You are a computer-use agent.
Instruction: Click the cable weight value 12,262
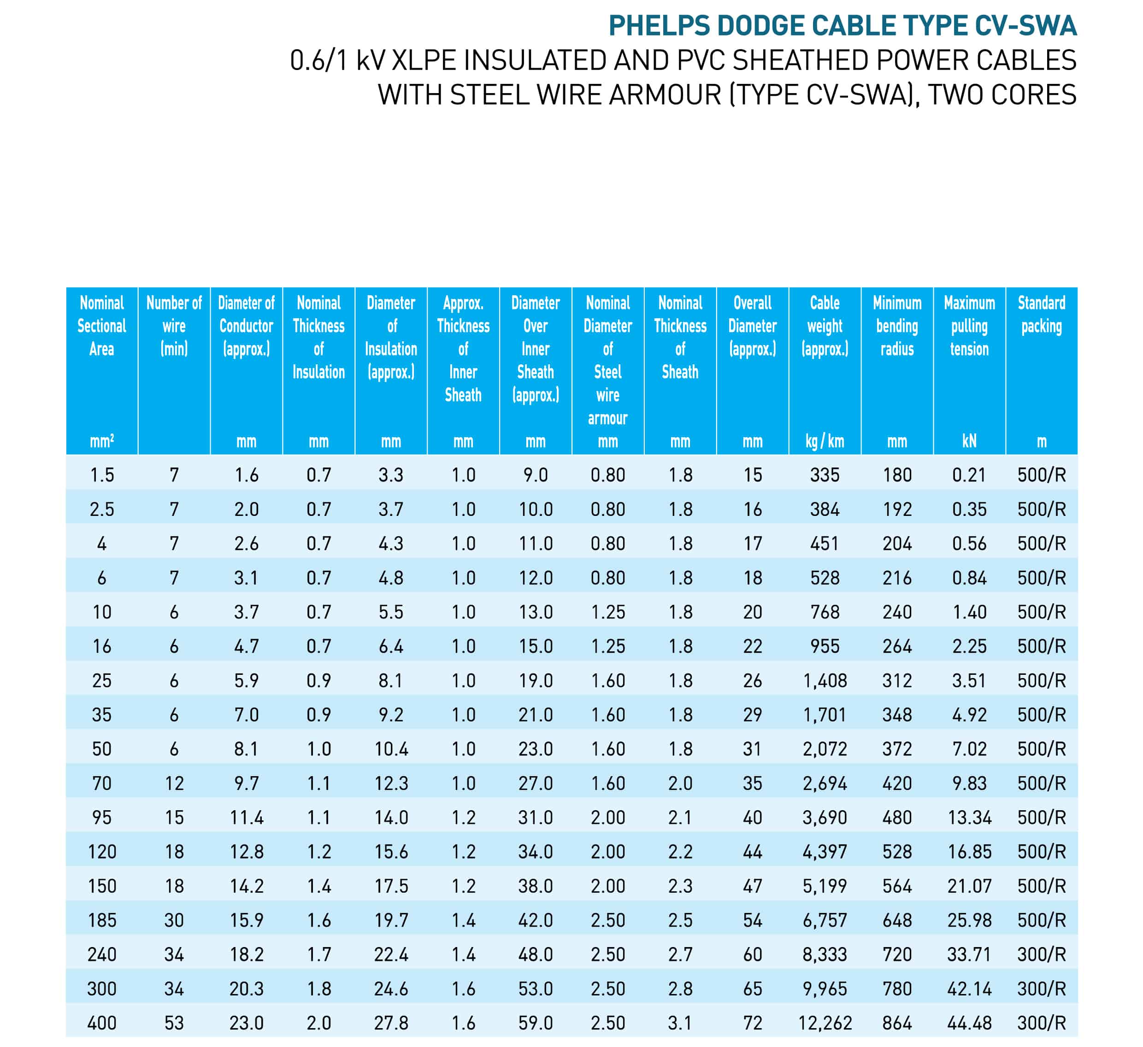825,1023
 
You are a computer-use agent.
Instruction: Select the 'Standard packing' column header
1042,315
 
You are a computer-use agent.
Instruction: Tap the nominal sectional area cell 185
102,920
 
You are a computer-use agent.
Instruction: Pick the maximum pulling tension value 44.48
970,1023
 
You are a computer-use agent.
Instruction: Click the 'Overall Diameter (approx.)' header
752,326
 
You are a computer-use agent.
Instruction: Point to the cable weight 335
825,475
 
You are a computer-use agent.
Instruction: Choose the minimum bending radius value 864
897,1023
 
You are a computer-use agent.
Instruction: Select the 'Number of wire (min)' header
174,326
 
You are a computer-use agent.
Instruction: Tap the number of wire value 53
174,1023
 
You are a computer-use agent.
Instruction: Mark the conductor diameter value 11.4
247,818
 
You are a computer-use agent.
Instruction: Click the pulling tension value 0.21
970,475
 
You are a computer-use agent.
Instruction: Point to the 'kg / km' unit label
825,441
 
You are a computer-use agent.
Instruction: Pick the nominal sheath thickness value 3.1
680,1023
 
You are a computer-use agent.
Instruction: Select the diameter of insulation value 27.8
391,1023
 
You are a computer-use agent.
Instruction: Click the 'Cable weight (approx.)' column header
825,326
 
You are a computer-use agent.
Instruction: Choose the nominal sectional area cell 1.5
102,475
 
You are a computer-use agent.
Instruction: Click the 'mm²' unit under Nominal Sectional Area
102,441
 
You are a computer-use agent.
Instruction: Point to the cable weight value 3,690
825,818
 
